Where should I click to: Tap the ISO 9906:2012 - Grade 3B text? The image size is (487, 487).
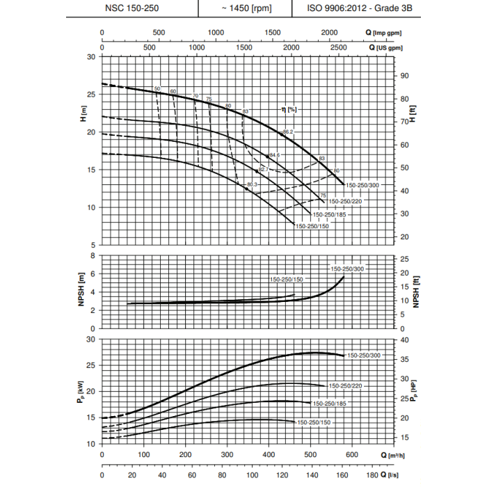354,8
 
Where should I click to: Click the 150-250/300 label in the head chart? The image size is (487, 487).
362,184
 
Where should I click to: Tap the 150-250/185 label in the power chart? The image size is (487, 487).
329,404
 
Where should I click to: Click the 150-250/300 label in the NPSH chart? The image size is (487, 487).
346,269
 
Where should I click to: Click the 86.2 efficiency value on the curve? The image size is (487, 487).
288,132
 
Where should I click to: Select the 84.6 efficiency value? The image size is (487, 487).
274,154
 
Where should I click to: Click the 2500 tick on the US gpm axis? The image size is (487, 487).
339,47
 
